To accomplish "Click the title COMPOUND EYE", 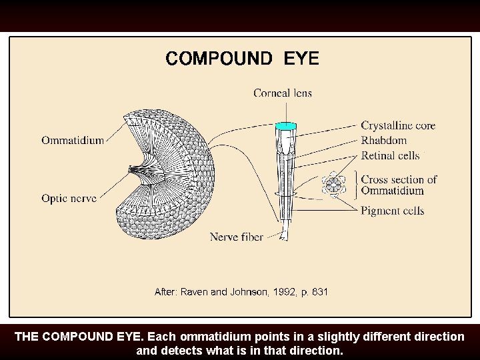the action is pos(242,59).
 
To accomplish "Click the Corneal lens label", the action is pos(283,93).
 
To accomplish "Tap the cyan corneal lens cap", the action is pos(286,125).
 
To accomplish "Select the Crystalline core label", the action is pos(398,125).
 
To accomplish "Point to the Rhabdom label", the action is pos(383,140).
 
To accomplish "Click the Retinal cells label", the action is pos(390,155).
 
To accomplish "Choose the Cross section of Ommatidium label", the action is pos(399,185).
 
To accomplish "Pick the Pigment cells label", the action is pos(393,211).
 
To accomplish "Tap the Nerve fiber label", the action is pos(236,237).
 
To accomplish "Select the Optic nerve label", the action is pos(69,198).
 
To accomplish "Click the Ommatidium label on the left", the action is pos(73,140).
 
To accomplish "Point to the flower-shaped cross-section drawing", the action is pos(333,185).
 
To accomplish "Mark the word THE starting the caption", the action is pos(26,337).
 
